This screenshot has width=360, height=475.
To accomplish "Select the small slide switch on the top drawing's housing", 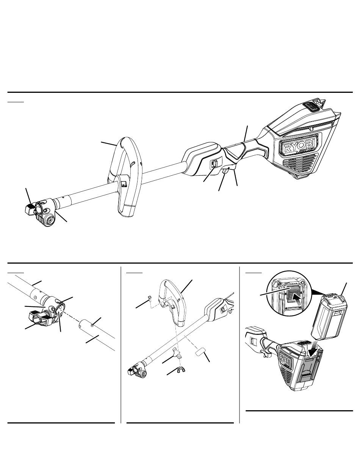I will (x=213, y=164).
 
